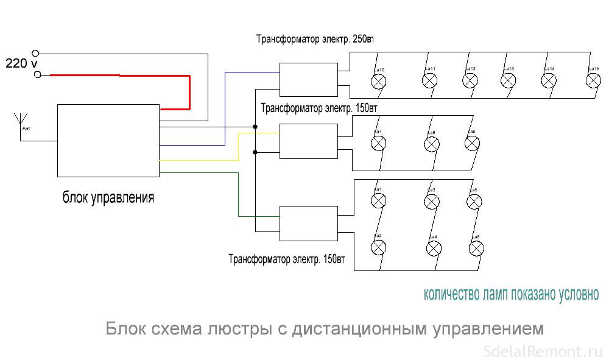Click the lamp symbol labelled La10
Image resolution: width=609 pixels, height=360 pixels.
point(378,82)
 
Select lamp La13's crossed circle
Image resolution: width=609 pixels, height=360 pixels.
point(509,80)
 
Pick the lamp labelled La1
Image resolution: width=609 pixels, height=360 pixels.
point(379,202)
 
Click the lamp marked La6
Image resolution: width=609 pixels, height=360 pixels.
point(476,248)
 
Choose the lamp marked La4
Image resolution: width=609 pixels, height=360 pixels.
point(434,248)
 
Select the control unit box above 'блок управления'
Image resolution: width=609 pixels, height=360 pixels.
point(108,140)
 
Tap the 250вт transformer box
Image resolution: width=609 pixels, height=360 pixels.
point(308,79)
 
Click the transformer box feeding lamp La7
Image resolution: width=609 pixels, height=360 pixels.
point(308,141)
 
